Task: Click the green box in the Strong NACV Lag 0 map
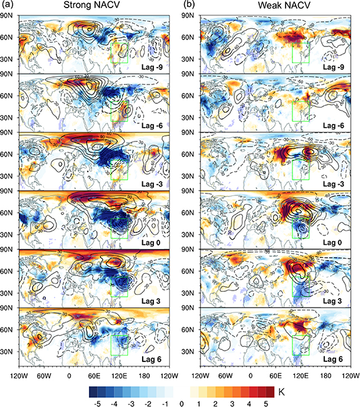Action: [120, 226]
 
